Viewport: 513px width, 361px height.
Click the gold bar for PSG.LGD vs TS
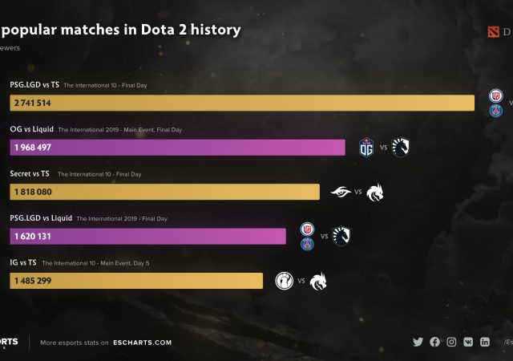coord(240,103)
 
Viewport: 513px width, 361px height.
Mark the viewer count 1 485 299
coord(32,281)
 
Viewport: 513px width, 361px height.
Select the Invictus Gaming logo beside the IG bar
coord(285,281)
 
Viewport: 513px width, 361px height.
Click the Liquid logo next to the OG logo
coord(401,147)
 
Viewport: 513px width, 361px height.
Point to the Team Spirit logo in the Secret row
coord(375,192)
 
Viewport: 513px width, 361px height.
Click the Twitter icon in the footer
coord(418,342)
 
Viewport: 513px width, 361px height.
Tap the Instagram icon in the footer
coord(451,342)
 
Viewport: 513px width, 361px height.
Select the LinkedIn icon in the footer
coord(485,342)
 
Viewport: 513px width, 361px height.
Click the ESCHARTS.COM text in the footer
coord(142,343)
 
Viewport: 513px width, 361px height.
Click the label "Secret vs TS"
coord(30,173)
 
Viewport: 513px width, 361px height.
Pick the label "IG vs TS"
coord(22,262)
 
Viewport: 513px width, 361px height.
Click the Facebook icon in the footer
coord(434,342)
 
